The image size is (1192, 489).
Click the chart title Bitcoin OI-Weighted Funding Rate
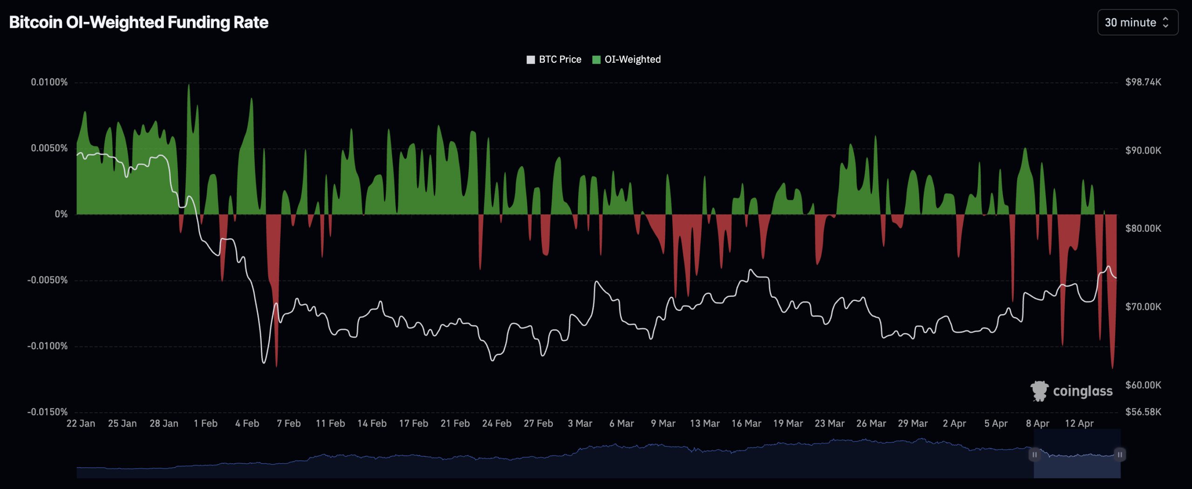[x=139, y=22]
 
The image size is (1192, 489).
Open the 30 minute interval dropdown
[x=1137, y=22]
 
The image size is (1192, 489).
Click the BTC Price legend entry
[x=554, y=60]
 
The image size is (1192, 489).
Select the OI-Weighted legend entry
[x=627, y=60]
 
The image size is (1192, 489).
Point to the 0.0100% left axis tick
[x=49, y=82]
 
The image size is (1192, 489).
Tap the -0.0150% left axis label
[x=47, y=412]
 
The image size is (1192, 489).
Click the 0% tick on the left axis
[x=61, y=214]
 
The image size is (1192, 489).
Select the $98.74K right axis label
[x=1143, y=82]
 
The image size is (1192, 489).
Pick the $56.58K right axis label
[x=1143, y=412]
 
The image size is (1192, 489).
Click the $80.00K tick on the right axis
[x=1143, y=228]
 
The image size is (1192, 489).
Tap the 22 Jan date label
[x=81, y=423]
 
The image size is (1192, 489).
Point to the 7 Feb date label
[x=289, y=423]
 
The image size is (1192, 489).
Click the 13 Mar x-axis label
[x=704, y=423]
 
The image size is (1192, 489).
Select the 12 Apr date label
[x=1079, y=423]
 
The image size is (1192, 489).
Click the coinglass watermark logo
[x=1071, y=391]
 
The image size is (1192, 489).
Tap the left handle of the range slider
[x=1034, y=455]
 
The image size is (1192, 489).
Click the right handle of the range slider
[x=1120, y=455]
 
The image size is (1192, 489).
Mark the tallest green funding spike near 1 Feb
[x=189, y=86]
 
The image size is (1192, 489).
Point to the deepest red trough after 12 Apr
[x=1113, y=368]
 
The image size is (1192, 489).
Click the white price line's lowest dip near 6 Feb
[x=264, y=362]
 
